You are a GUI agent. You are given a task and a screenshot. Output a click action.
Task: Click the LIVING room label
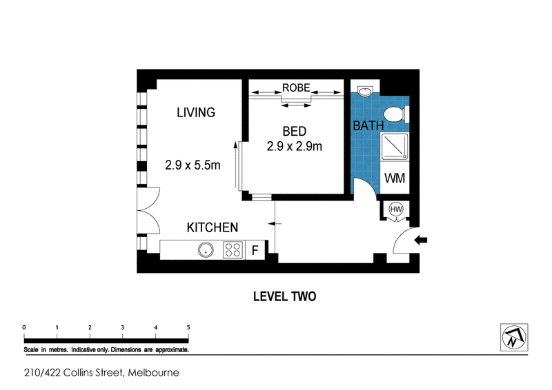[x=196, y=112]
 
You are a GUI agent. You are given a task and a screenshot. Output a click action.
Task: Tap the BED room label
[x=295, y=131]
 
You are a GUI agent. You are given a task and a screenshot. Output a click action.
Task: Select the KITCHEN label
[x=213, y=227]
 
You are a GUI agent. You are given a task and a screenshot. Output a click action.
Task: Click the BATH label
[x=368, y=125]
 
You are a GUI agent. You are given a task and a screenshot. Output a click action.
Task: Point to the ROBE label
[x=296, y=88]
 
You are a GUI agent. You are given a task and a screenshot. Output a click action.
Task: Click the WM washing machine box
[x=395, y=178]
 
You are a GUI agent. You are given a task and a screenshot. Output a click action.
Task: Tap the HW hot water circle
[x=396, y=209]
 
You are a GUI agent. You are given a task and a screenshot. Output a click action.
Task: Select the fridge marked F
[x=255, y=250]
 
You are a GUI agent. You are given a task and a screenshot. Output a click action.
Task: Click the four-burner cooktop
[x=233, y=250]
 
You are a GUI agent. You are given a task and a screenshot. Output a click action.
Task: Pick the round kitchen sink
[x=206, y=250]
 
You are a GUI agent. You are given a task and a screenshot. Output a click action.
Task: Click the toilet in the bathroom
[x=396, y=114]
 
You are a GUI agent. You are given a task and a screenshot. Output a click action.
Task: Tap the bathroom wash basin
[x=365, y=91]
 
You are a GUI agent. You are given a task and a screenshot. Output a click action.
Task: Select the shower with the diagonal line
[x=395, y=146]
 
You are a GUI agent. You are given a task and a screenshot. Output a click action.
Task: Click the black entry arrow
[x=421, y=240]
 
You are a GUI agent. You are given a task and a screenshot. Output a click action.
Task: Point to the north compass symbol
[x=514, y=337]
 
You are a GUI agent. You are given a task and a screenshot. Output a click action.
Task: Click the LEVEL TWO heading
[x=284, y=296]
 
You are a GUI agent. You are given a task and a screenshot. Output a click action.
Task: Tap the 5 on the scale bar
[x=188, y=327]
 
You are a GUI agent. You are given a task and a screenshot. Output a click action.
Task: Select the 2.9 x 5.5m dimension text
[x=193, y=165]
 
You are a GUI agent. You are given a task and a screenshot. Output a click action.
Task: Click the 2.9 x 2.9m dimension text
[x=295, y=146]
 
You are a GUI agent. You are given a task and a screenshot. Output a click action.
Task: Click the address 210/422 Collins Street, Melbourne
[x=101, y=373]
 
